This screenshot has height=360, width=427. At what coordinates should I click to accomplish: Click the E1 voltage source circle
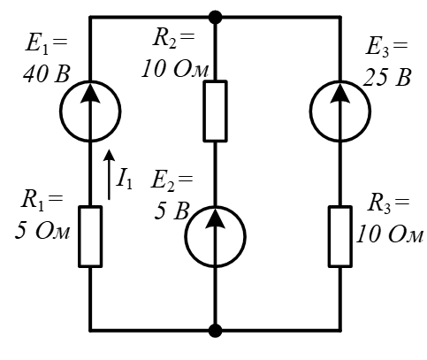[60, 111]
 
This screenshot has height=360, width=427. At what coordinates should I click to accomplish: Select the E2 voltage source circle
[186, 237]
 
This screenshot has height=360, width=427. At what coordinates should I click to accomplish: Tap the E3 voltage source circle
[310, 111]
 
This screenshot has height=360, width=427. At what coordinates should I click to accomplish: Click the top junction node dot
[215, 18]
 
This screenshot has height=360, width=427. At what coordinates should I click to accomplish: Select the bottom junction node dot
[215, 331]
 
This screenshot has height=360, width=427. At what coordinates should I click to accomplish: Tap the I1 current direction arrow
[109, 175]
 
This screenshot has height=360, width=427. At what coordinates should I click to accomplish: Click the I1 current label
[125, 180]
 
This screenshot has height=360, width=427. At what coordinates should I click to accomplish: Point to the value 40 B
[47, 73]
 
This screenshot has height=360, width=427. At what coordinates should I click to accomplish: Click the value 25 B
[386, 78]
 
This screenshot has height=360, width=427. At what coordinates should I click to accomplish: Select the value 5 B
[172, 211]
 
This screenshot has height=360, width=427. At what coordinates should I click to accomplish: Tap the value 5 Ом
[42, 230]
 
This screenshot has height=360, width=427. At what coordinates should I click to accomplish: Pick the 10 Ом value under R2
[175, 70]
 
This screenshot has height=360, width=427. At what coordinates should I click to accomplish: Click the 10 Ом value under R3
[390, 234]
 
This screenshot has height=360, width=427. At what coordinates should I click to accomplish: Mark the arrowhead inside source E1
[90, 92]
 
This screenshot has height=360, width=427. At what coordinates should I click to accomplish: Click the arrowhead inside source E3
[340, 92]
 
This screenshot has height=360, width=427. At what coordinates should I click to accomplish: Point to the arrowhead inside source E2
[215, 218]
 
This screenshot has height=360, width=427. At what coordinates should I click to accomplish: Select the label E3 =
[386, 47]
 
